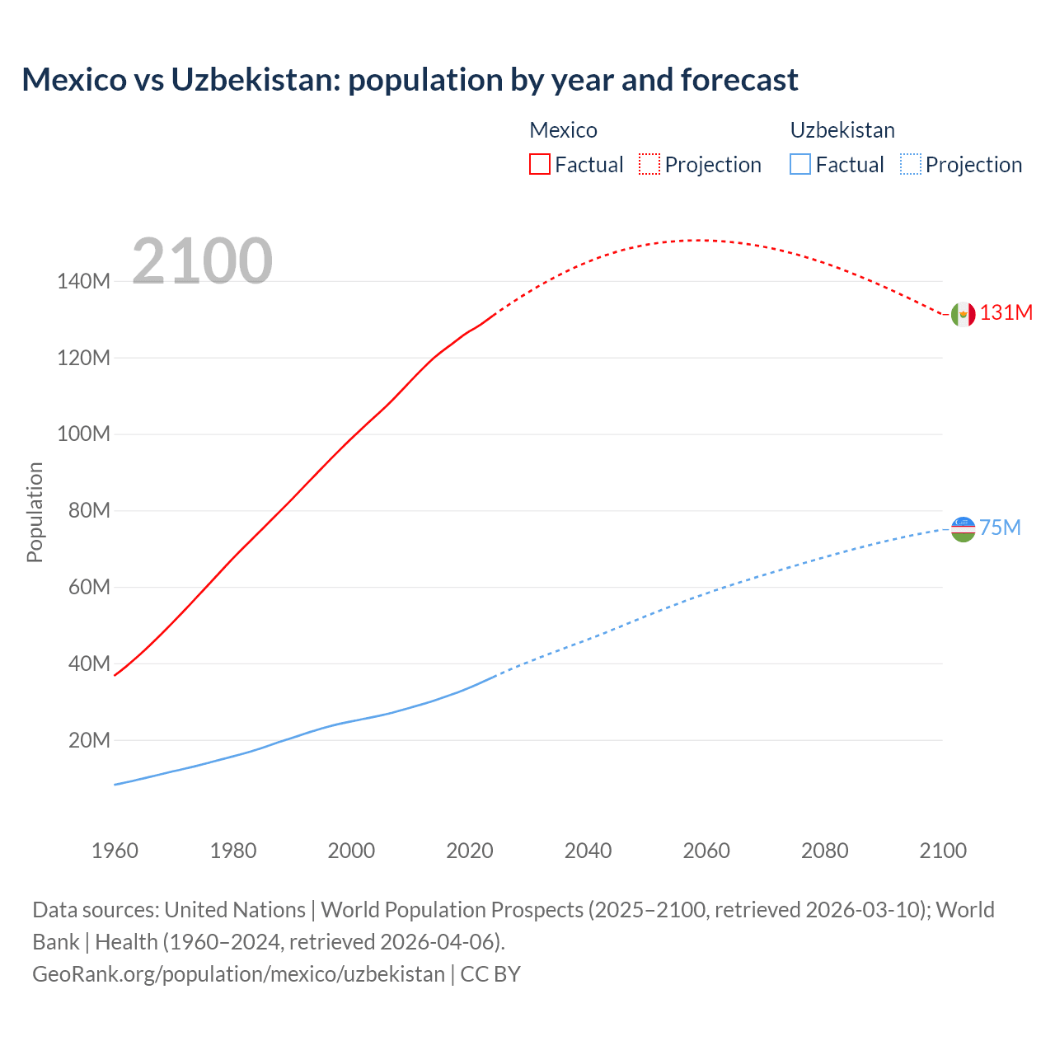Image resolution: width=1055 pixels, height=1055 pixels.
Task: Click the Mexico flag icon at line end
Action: (963, 314)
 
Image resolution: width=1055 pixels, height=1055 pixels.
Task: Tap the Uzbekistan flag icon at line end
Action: (963, 528)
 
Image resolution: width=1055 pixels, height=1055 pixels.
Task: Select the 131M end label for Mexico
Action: (1006, 313)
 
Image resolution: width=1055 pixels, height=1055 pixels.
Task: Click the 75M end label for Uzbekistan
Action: (1000, 527)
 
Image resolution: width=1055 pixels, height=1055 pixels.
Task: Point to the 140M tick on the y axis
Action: (83, 282)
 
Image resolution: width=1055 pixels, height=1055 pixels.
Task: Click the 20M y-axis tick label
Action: (88, 740)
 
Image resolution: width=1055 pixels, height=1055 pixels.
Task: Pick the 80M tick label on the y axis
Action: (88, 511)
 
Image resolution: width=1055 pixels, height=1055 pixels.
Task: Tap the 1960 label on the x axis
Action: (115, 851)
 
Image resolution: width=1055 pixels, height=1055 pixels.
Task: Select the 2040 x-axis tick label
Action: (588, 851)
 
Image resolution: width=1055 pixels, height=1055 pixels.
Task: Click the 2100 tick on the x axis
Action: (943, 851)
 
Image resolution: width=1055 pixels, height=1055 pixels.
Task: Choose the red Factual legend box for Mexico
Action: (539, 165)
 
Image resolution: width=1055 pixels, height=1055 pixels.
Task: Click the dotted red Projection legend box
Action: (649, 165)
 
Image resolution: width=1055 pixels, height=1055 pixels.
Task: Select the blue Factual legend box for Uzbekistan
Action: (799, 165)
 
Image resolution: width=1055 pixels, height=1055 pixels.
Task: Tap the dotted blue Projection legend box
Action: (910, 165)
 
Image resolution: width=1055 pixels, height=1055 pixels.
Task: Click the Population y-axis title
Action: (35, 512)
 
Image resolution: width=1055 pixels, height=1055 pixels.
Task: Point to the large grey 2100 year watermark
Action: (202, 261)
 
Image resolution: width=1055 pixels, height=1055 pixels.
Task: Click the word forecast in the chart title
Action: (738, 80)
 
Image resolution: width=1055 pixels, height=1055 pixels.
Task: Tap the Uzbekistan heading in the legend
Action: (842, 130)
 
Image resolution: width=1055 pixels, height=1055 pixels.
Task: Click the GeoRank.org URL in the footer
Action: (238, 974)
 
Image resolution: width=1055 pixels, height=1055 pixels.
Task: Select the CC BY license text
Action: (490, 974)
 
